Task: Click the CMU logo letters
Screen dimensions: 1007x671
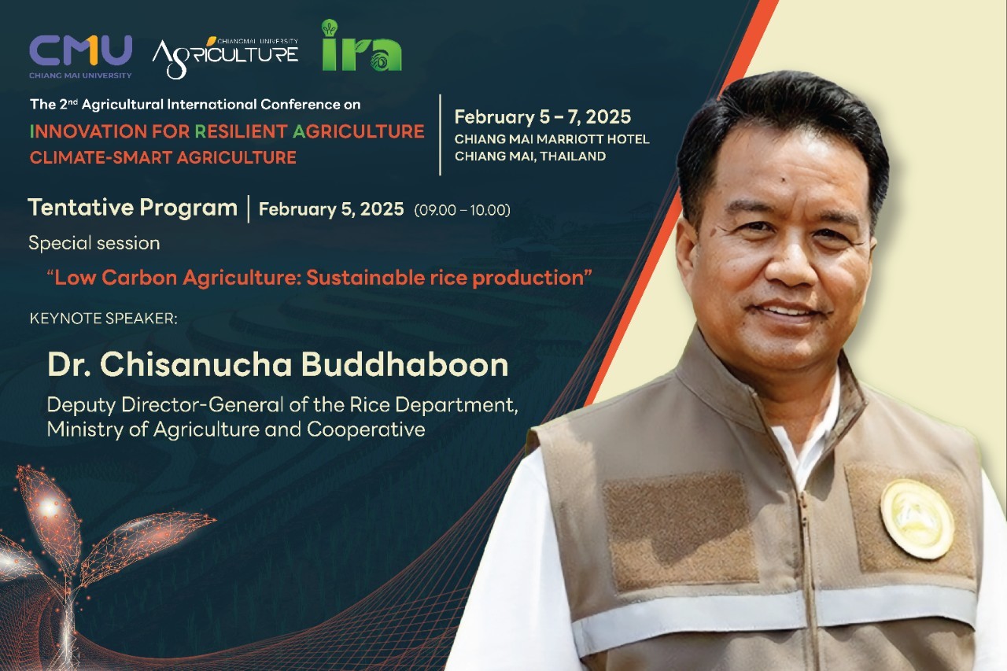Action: (80, 50)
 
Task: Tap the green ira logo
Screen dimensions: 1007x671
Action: (362, 46)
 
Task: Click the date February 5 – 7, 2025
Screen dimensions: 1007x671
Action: (543, 117)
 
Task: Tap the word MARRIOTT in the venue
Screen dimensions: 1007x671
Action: (570, 139)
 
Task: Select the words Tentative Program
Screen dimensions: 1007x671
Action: (133, 208)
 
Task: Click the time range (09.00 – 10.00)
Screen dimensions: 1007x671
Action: (462, 210)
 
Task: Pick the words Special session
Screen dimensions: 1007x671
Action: (94, 243)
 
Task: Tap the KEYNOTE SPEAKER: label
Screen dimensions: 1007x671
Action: (103, 319)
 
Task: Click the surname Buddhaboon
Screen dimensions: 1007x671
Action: (404, 364)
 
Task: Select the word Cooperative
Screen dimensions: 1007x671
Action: (366, 430)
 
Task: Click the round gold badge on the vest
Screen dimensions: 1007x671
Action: (917, 519)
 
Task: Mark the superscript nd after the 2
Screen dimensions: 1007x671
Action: (73, 101)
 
